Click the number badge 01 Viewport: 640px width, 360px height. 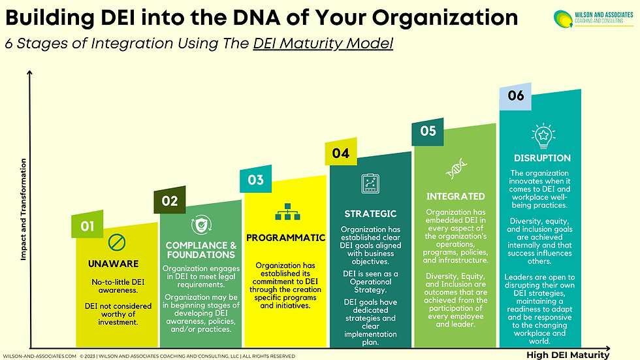(88, 226)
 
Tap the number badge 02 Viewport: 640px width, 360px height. (170, 201)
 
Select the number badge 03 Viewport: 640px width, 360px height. (256, 179)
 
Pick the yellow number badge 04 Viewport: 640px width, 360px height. (341, 154)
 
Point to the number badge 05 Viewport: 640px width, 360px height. (428, 131)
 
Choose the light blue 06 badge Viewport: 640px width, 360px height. (516, 96)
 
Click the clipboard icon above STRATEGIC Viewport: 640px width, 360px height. (371, 183)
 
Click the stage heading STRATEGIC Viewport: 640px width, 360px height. (371, 214)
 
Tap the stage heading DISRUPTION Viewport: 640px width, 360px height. (541, 158)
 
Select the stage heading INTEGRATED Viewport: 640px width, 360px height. (455, 196)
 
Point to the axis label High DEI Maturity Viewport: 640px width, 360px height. (568, 355)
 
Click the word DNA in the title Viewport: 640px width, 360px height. (263, 16)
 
